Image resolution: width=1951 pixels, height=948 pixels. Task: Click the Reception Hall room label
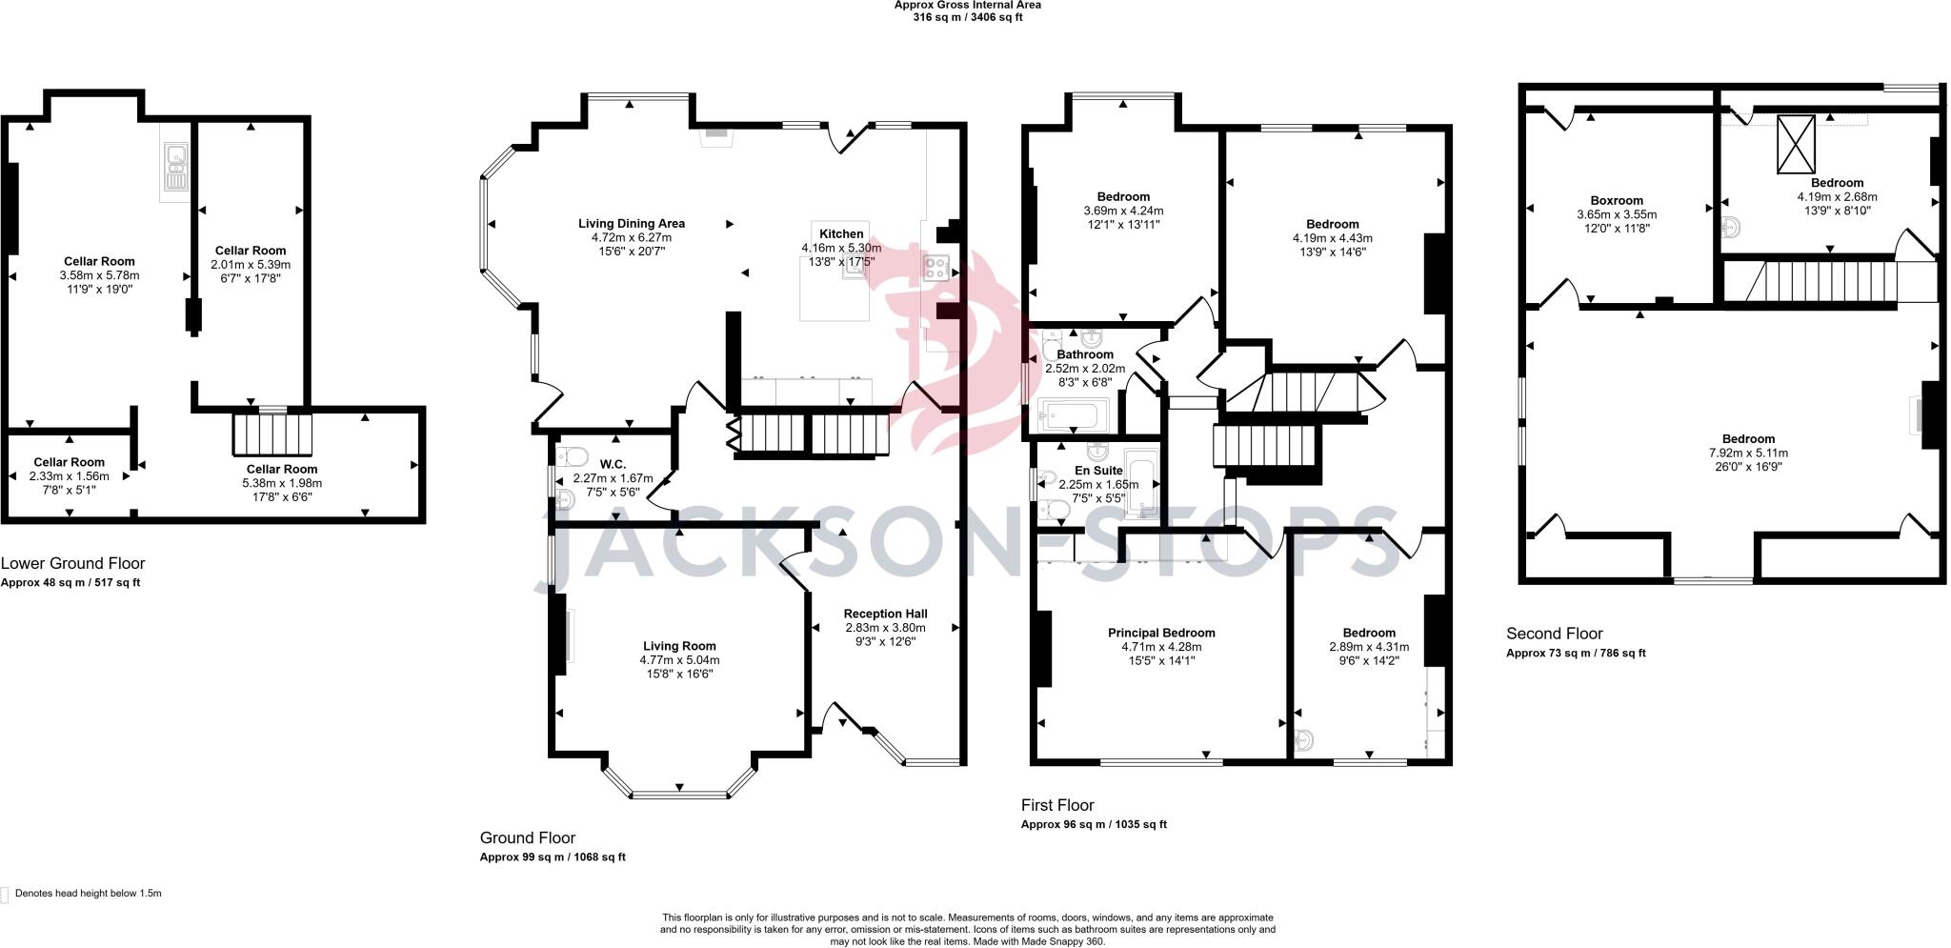885,614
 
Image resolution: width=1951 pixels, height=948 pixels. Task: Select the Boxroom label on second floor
1617,200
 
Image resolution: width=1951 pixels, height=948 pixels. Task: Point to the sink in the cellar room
175,168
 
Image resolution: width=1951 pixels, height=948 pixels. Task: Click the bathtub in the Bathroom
1072,415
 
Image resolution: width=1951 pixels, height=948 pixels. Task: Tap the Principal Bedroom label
1161,633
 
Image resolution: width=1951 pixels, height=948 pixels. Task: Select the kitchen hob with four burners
935,268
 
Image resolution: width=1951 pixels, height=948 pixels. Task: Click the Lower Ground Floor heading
73,564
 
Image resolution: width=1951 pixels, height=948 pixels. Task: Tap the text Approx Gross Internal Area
967,5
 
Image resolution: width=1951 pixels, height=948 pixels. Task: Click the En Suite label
1098,471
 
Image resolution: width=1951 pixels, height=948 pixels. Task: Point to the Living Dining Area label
632,224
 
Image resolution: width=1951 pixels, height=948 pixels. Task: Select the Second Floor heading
1554,634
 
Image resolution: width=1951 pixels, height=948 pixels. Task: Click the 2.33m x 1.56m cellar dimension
69,476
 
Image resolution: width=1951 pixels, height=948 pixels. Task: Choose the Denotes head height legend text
89,894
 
